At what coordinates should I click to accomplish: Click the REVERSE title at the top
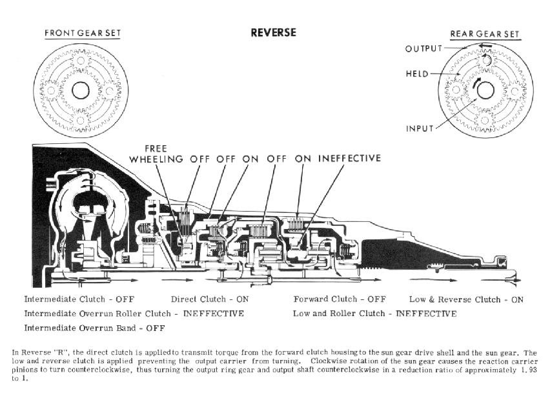click(x=273, y=32)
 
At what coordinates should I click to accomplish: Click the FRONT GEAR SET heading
click(x=82, y=33)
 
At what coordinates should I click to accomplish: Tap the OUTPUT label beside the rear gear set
click(x=423, y=49)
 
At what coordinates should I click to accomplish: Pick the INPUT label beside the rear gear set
click(x=420, y=128)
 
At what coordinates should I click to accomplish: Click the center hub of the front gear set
click(x=80, y=90)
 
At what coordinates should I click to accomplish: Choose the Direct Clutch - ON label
click(x=209, y=299)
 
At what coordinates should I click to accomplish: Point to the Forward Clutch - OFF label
click(x=339, y=299)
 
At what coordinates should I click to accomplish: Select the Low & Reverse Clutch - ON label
click(x=466, y=299)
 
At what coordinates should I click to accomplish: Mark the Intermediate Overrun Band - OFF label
click(x=94, y=328)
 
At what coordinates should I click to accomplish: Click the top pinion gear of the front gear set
click(x=80, y=61)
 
